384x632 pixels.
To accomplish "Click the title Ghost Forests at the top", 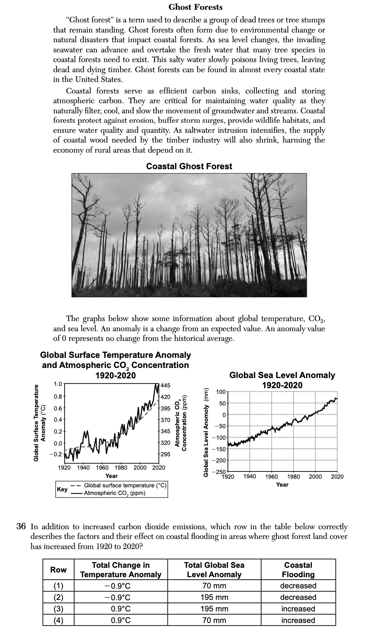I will click(196, 7).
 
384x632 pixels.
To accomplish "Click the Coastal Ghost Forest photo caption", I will click(189, 166).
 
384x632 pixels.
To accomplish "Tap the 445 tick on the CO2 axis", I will click(165, 385).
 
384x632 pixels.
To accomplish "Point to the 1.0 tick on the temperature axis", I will click(58, 384).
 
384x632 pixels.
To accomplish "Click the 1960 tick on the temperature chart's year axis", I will click(102, 468).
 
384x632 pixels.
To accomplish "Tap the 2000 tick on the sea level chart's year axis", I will click(315, 477).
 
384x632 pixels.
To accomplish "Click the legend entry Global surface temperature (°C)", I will click(125, 486).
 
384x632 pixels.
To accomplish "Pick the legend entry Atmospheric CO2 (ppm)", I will click(114, 493).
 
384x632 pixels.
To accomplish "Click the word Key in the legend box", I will click(62, 489).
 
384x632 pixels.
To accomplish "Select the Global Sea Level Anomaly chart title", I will click(282, 380).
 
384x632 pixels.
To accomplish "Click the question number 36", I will click(22, 526).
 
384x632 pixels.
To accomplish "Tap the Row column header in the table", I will click(58, 570).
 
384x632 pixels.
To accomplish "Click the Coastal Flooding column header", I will click(298, 570).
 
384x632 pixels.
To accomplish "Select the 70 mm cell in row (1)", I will click(214, 585).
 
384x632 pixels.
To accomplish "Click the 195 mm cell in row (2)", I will click(214, 597).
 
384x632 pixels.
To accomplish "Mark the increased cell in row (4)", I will click(298, 620).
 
